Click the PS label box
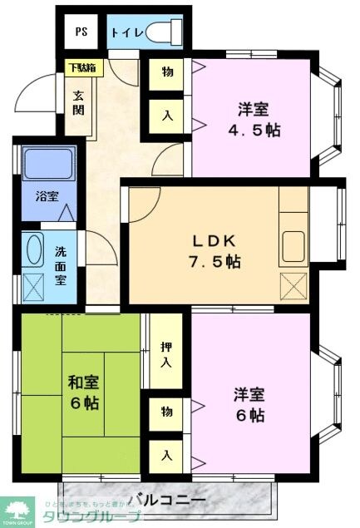[81, 33]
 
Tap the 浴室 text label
[47, 197]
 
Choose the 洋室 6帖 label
[249, 403]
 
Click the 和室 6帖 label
[83, 392]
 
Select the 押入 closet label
[167, 353]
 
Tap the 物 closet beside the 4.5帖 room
[167, 72]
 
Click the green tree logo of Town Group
[19, 509]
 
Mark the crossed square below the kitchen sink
[294, 286]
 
